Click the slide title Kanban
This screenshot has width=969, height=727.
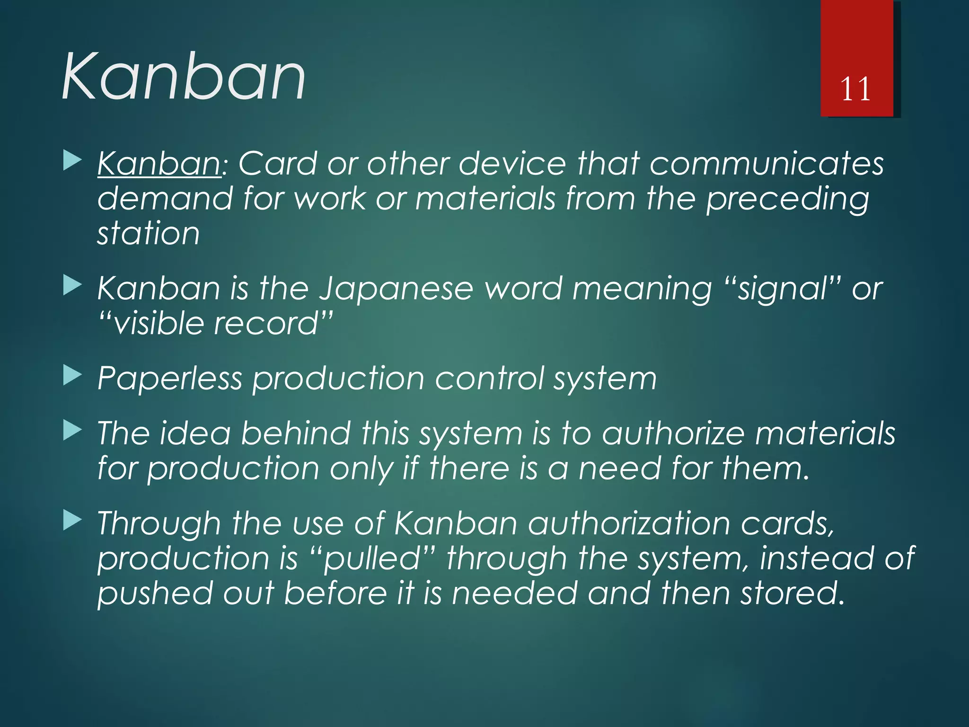click(184, 77)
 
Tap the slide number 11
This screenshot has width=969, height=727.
click(855, 89)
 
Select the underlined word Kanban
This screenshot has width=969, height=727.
click(159, 164)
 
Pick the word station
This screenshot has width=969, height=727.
click(149, 234)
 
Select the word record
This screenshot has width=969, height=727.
click(266, 324)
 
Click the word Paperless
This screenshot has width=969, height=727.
click(169, 379)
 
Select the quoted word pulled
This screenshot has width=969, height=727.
click(372, 559)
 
